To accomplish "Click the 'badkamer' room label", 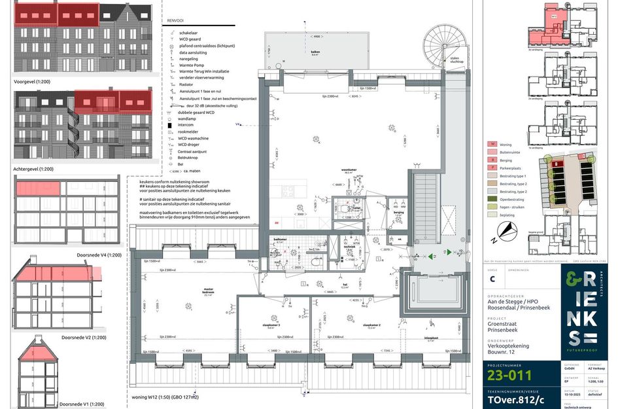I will click(279, 240).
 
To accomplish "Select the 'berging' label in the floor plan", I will click(398, 213).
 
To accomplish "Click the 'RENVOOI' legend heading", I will click(176, 20).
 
